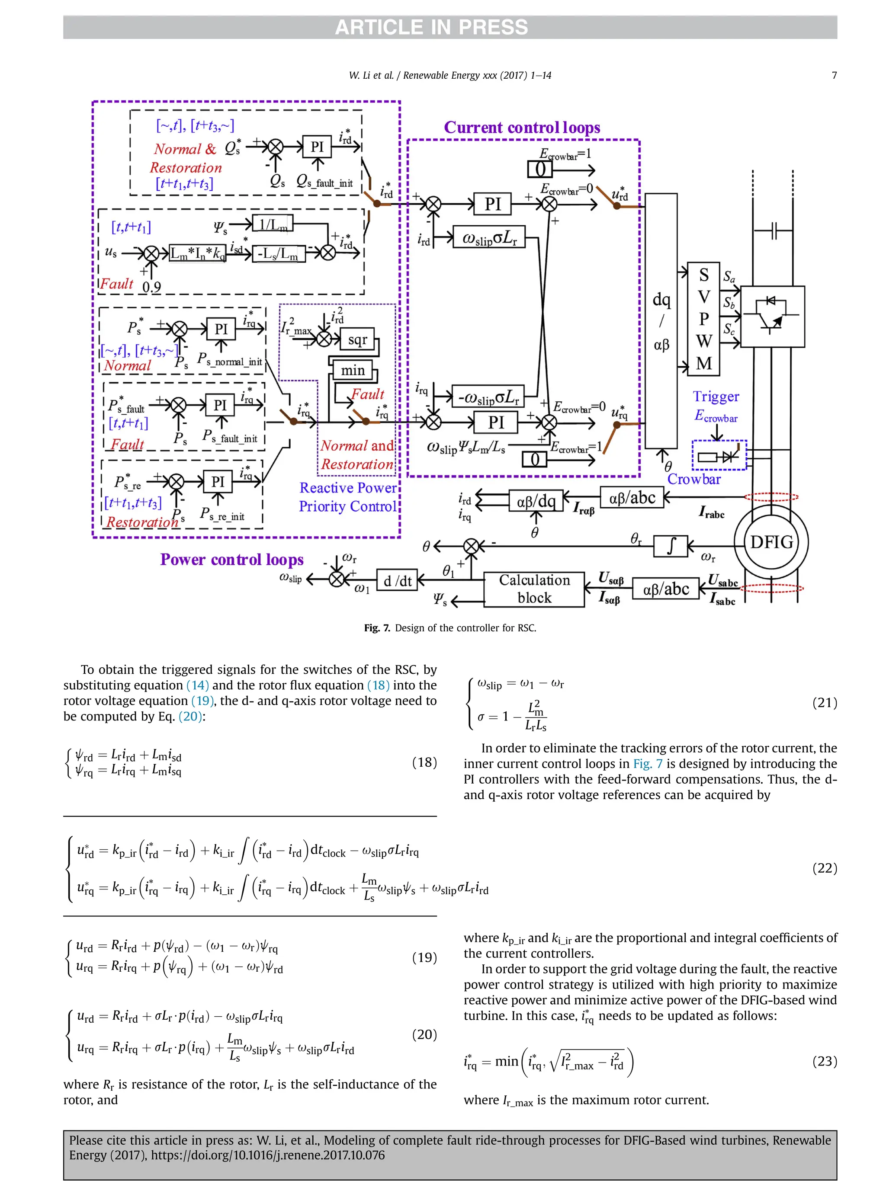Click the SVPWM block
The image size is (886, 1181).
(x=703, y=319)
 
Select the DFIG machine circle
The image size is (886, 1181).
(x=771, y=542)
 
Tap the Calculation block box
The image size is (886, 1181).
(x=533, y=589)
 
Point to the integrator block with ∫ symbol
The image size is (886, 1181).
(x=671, y=546)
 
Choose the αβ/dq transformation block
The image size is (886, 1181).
(x=536, y=501)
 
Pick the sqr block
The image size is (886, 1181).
(x=357, y=340)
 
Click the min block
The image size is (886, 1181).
(x=353, y=370)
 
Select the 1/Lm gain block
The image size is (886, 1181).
(x=273, y=224)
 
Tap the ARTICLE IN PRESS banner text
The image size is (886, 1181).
(x=431, y=27)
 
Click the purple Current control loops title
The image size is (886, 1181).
(x=522, y=128)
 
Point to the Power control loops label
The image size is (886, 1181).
(x=232, y=559)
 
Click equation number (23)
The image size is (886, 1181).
(x=824, y=1060)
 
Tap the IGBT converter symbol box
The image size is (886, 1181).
(x=772, y=317)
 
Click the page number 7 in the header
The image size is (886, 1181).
(x=834, y=75)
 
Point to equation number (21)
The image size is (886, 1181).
(x=824, y=703)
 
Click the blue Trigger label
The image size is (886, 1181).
(x=716, y=396)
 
